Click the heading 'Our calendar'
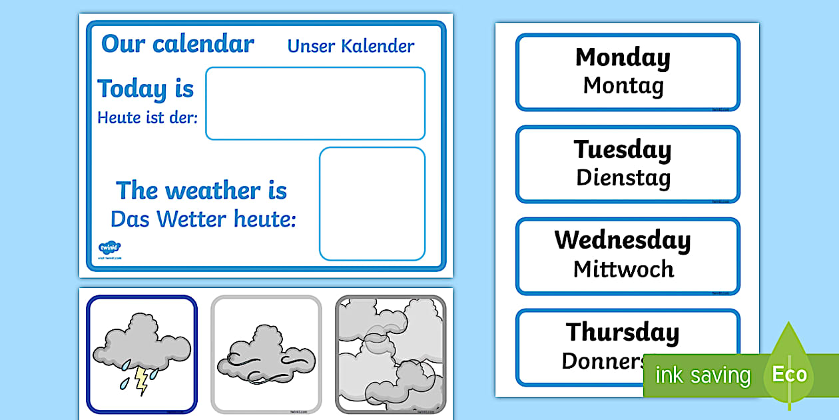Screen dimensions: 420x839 (177, 45)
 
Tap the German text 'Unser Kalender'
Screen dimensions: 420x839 (350, 46)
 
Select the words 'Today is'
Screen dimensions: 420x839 (146, 89)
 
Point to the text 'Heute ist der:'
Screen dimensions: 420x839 (147, 118)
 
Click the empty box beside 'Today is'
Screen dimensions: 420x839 (315, 103)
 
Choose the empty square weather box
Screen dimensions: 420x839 (372, 203)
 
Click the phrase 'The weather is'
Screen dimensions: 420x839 (201, 191)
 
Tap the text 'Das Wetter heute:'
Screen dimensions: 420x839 (203, 219)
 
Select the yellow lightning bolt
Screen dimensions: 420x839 (142, 380)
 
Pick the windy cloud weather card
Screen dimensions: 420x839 (266, 355)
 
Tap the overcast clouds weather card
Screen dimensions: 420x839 (390, 355)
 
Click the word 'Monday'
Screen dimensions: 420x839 (623, 57)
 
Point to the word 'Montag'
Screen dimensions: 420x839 (623, 85)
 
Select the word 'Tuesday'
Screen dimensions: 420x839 (623, 149)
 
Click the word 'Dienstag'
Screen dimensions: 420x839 (623, 177)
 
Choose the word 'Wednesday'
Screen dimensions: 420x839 (623, 240)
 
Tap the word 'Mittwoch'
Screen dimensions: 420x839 (623, 269)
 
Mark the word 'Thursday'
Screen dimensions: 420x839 (623, 331)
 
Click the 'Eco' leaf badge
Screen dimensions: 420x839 (789, 373)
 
